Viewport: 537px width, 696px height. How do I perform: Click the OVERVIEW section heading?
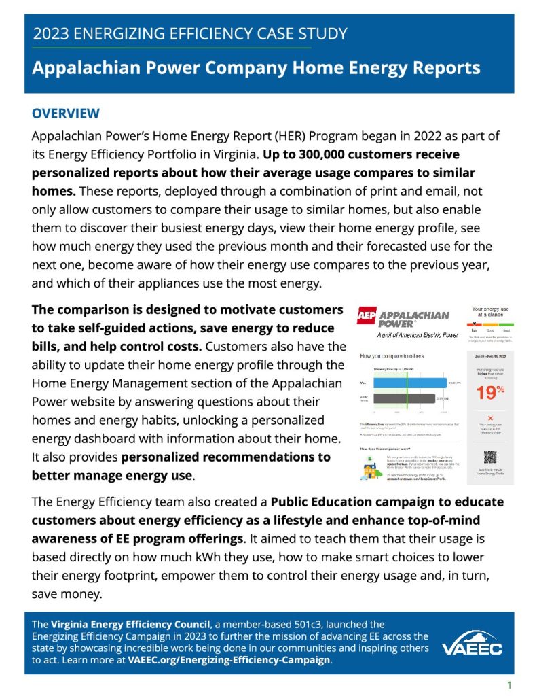tap(66, 114)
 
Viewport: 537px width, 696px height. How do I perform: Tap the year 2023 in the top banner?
tap(54, 33)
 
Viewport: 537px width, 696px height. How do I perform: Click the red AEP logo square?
tap(367, 316)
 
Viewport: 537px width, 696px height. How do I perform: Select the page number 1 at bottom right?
tap(509, 684)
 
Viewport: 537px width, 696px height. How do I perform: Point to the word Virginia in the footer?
tap(73, 624)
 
